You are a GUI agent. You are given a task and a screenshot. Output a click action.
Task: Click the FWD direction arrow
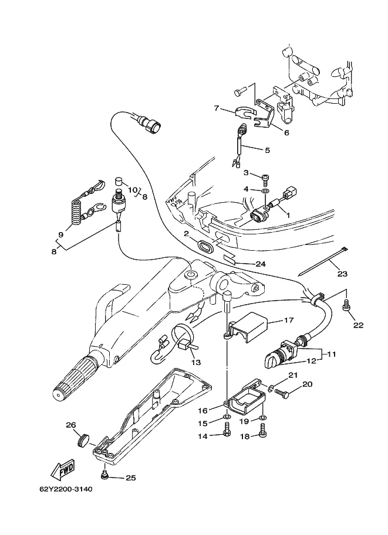[63, 470]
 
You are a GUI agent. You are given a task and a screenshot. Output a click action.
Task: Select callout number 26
[71, 425]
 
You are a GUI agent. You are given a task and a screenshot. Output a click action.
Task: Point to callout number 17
[289, 320]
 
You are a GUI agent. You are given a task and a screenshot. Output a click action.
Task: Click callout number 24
[261, 264]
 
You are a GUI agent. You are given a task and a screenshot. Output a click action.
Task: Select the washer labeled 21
[271, 388]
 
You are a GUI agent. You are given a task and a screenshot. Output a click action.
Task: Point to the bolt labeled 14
[227, 430]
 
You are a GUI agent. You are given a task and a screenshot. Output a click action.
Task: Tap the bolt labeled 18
[262, 430]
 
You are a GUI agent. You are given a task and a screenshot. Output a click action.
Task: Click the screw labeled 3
[265, 178]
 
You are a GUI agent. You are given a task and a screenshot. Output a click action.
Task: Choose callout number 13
[196, 362]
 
